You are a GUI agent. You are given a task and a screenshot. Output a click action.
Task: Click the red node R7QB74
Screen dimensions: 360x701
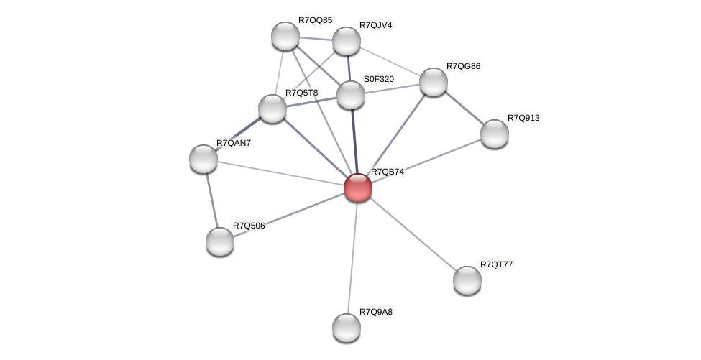[x=357, y=188]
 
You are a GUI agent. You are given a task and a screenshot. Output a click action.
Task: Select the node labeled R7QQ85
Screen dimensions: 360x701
[x=285, y=36]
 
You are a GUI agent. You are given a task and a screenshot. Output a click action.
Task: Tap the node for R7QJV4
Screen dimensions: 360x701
[x=346, y=41]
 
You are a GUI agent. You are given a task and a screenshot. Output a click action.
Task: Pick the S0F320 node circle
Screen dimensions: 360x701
[x=351, y=95]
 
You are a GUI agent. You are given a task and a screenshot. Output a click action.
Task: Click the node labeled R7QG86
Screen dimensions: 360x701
[x=433, y=82]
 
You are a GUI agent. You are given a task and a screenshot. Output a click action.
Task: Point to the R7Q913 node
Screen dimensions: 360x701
[x=494, y=134]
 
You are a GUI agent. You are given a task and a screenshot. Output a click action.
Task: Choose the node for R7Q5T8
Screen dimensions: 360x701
[x=272, y=109]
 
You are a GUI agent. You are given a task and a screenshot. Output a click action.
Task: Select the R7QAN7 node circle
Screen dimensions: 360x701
[x=203, y=159]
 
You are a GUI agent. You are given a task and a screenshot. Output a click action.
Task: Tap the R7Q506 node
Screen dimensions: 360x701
[x=220, y=241]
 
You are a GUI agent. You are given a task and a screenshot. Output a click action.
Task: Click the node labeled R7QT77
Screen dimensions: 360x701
[x=467, y=280]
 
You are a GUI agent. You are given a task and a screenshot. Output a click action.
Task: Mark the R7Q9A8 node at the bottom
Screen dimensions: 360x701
[x=347, y=328]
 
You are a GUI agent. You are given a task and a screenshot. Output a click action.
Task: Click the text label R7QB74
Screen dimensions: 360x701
[x=387, y=172]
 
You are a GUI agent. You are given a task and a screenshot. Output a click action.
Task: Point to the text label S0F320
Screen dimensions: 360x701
[x=378, y=79]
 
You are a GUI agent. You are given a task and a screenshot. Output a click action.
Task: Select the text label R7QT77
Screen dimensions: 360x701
[x=496, y=264]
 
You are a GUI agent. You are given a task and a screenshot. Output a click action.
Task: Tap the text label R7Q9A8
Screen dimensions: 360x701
[x=376, y=312]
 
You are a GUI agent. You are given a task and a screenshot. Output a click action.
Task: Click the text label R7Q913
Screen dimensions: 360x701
[x=523, y=118]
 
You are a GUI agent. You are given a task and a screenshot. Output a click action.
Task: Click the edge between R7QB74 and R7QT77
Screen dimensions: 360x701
[x=412, y=234]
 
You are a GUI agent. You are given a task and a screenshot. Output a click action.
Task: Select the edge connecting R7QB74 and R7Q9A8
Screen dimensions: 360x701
[x=352, y=257]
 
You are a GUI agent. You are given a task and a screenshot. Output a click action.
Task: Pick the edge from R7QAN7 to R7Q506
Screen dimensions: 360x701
[x=211, y=200]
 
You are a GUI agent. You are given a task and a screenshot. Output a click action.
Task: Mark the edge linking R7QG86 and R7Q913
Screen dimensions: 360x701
[x=464, y=108]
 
